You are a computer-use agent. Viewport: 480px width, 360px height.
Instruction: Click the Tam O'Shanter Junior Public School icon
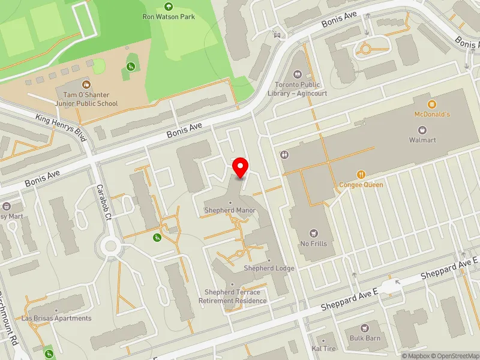[87, 85]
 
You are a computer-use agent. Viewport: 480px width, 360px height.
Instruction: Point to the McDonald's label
[431, 114]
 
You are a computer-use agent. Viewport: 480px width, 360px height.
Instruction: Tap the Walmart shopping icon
[422, 130]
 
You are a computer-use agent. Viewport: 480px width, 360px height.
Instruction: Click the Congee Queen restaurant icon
[361, 175]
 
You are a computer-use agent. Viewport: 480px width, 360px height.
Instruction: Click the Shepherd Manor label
[230, 211]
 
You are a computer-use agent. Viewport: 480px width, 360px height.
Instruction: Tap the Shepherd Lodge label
[269, 268]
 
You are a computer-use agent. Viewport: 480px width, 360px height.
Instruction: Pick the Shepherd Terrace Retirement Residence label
[235, 296]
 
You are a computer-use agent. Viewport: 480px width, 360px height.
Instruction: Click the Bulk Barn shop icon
[365, 329]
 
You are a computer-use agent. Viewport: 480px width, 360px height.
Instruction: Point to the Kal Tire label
[324, 349]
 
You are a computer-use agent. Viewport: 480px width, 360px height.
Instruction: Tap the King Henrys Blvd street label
[62, 127]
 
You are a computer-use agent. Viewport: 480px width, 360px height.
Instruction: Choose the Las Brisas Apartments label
[56, 318]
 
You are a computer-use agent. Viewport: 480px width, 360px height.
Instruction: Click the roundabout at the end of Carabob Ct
[110, 245]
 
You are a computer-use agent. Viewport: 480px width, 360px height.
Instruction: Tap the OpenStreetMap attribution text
[455, 356]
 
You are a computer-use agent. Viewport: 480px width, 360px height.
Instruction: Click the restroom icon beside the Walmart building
[284, 154]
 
